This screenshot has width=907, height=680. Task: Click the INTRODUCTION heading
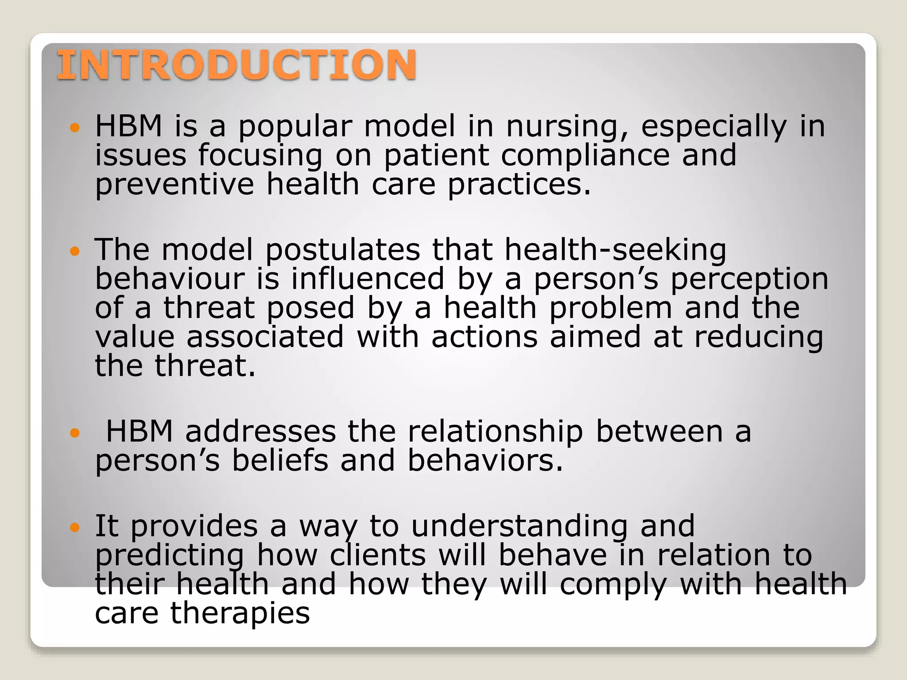236,65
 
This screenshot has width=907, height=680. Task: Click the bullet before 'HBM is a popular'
75,128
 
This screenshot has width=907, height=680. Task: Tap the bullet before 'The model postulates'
75,251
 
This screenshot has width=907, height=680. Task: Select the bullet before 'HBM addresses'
75,433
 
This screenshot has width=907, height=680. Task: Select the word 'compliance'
585,156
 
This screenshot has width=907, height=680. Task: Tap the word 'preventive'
174,185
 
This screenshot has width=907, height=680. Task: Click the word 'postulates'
342,250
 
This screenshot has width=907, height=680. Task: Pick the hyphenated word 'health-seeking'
615,250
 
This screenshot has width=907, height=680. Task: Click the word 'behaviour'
170,279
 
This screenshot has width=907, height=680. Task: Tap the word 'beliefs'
280,460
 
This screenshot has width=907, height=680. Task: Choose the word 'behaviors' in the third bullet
485,460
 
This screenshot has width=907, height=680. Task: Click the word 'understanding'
519,527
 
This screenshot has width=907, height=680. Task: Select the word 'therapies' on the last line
240,613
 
